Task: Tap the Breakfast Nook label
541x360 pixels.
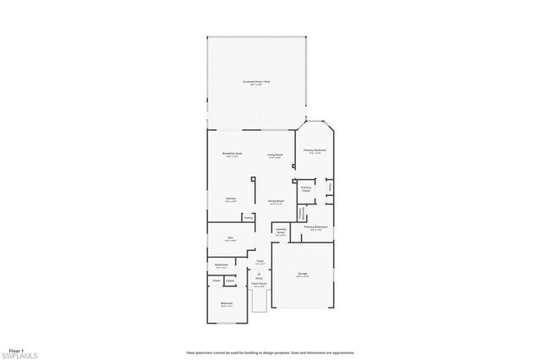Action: pos(232,155)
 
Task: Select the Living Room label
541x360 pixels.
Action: pos(275,155)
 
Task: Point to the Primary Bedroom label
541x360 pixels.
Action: pos(315,151)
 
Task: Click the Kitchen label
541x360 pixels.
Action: pos(230,200)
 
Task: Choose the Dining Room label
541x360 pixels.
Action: pos(276,201)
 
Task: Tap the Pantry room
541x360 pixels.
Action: pos(249,217)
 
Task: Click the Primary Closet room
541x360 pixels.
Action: pos(306,188)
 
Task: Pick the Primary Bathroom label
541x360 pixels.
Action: pos(315,228)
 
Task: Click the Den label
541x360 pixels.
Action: pos(230,239)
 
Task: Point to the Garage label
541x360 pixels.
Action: pos(303,275)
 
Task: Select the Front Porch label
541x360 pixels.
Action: pos(260,285)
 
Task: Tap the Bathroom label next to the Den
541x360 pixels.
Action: pos(221,267)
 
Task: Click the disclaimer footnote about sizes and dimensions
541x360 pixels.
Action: pos(270,352)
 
